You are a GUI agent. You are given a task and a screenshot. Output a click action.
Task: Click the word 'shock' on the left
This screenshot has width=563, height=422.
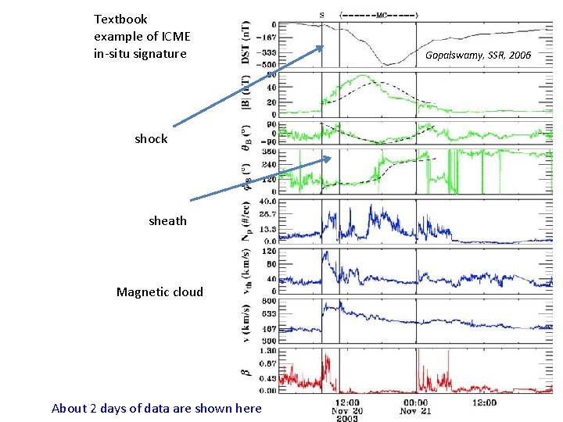click(x=151, y=138)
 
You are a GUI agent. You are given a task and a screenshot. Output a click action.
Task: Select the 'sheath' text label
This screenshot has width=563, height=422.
click(x=167, y=220)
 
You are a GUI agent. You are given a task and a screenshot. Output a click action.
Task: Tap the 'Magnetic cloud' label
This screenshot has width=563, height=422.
click(x=160, y=291)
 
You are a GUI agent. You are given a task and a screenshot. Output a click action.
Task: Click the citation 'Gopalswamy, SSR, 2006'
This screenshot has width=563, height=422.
click(x=478, y=55)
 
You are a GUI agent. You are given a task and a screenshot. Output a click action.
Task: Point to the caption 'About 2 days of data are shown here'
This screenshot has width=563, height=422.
click(x=156, y=408)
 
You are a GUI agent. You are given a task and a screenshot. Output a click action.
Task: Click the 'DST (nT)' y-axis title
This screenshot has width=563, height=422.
click(x=247, y=42)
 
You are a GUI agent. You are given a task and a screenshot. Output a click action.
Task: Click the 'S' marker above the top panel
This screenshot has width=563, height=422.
click(x=322, y=14)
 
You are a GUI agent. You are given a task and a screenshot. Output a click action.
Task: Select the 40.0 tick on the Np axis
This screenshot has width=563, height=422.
click(x=267, y=201)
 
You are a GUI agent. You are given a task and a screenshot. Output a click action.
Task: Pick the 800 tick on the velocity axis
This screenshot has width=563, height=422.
click(x=269, y=300)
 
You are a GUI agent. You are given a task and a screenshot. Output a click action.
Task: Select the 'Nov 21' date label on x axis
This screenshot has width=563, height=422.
click(x=415, y=410)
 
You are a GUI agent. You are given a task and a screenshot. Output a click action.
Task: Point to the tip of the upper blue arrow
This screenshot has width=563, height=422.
click(x=323, y=47)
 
